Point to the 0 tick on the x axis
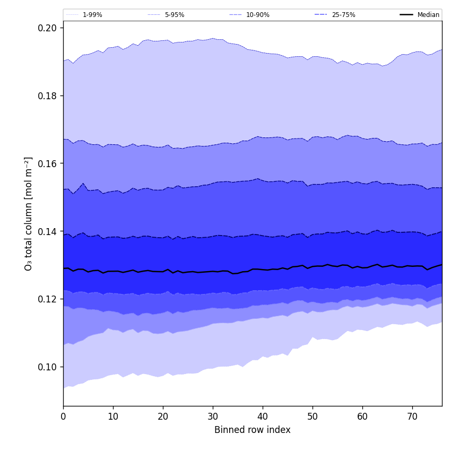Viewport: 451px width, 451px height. coord(63,417)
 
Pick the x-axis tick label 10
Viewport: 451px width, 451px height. coord(113,417)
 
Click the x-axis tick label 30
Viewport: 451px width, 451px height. coord(213,417)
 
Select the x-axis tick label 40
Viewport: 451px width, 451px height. coord(263,417)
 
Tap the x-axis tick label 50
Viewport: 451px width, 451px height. coord(313,417)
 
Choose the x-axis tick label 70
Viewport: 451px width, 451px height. coord(412,417)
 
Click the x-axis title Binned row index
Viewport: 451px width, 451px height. coord(253,430)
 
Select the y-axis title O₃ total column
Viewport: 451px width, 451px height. coord(29,213)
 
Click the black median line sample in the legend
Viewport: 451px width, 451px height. coord(406,15)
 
